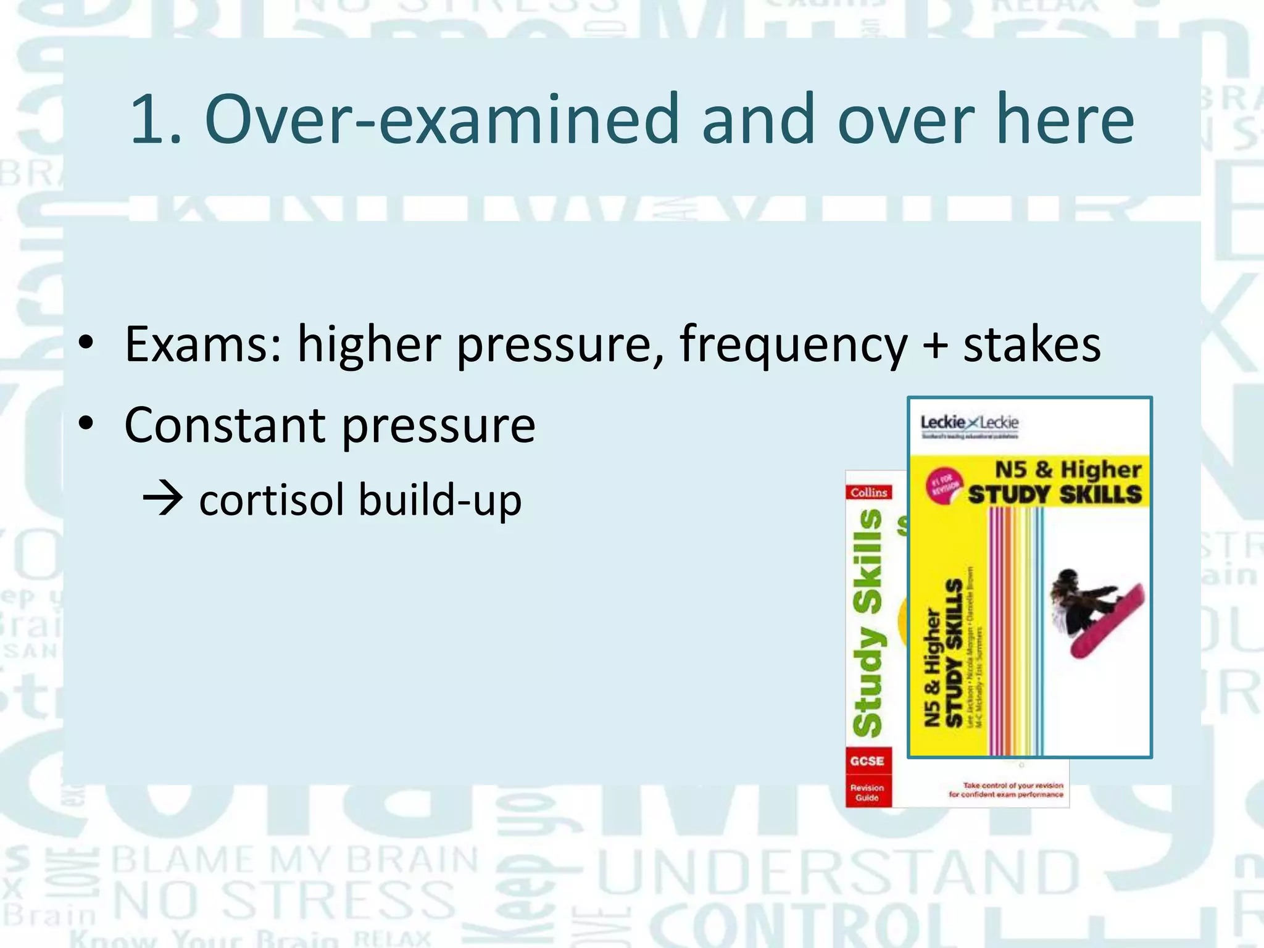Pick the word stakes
[x=1032, y=344]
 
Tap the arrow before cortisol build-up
[x=162, y=499]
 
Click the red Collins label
[x=868, y=493]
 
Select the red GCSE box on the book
[x=867, y=761]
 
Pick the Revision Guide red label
[x=867, y=792]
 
